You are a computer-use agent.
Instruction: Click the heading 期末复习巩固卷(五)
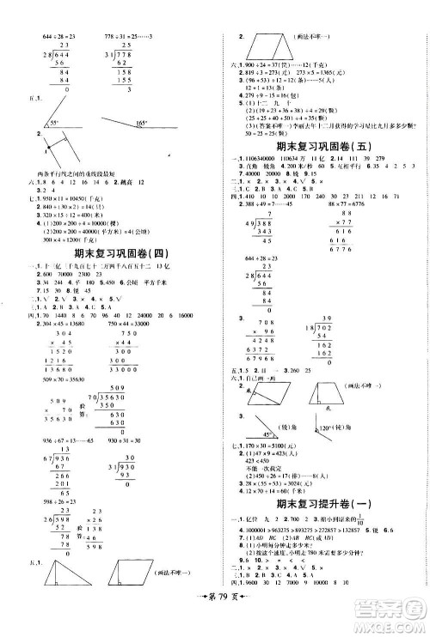[x=319, y=146]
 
